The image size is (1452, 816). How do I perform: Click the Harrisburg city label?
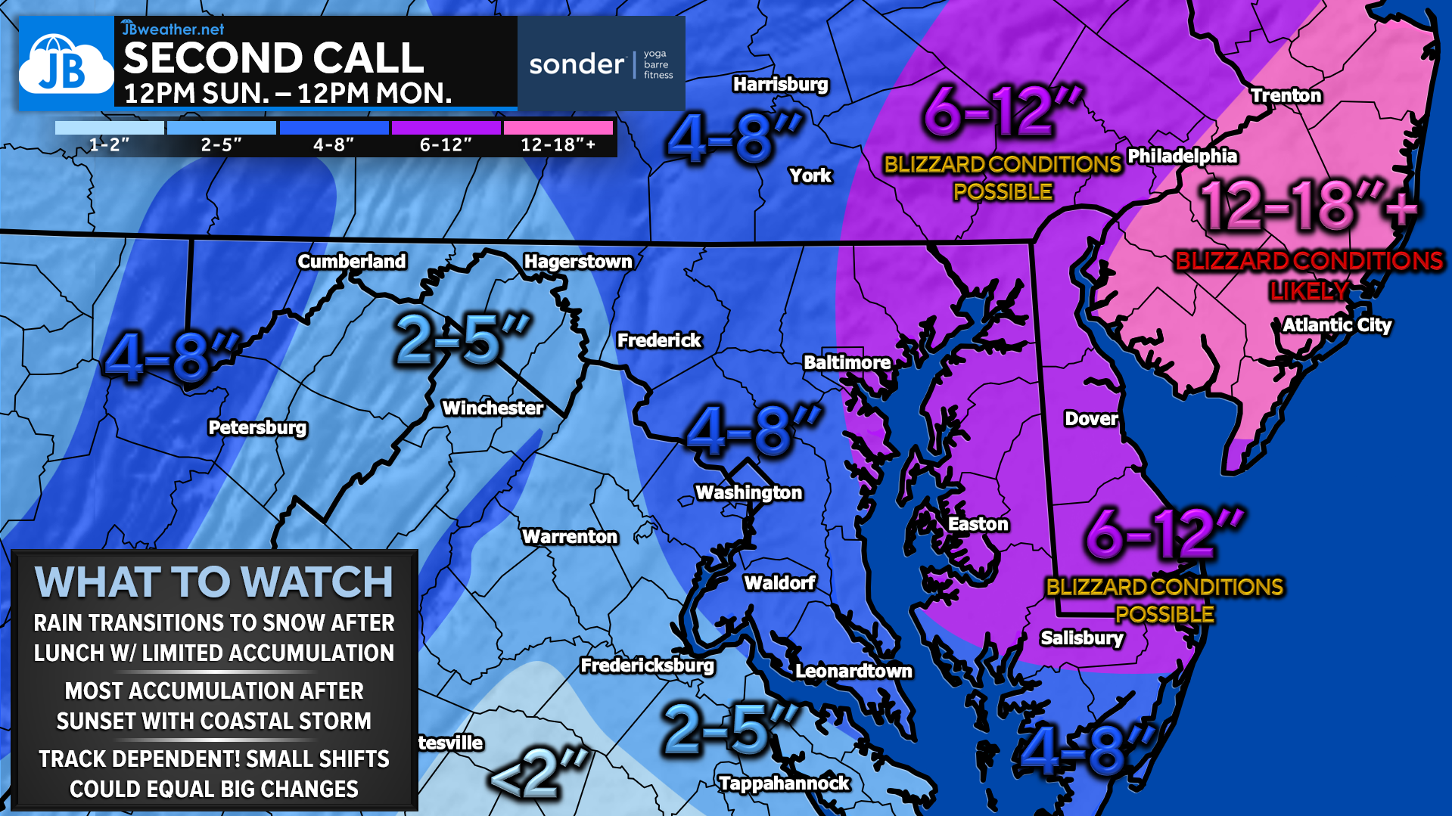tap(780, 84)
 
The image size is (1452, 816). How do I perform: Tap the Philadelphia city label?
tap(1182, 156)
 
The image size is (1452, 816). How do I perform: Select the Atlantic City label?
tap(1337, 325)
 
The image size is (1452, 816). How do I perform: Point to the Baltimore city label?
tap(847, 362)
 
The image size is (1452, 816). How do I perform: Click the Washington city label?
tap(748, 492)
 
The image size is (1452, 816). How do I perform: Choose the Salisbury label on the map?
tap(1081, 638)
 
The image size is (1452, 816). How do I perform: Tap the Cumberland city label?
tap(352, 261)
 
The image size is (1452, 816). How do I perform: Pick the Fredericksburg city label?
tap(647, 665)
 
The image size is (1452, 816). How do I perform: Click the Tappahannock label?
tap(784, 783)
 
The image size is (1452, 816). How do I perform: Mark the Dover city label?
tap(1090, 418)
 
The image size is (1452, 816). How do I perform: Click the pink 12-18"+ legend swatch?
tap(558, 128)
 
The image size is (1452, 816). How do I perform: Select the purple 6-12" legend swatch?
tap(446, 128)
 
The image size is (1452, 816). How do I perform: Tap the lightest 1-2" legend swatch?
tap(110, 128)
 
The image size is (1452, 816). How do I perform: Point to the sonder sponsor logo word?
tap(577, 64)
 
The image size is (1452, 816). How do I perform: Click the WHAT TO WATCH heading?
tap(214, 582)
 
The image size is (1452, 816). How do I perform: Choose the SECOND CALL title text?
tap(274, 58)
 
